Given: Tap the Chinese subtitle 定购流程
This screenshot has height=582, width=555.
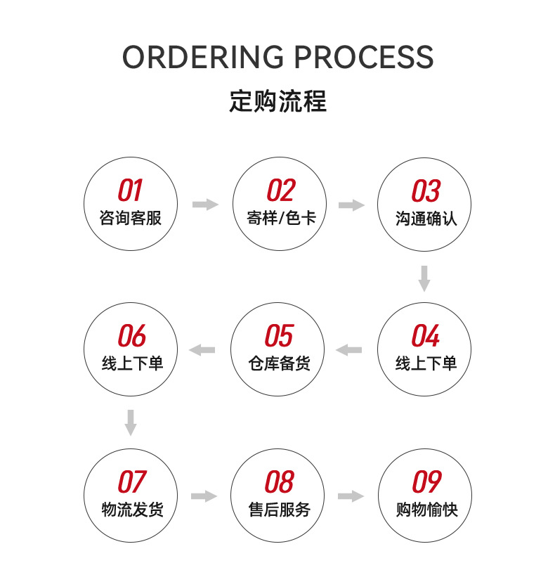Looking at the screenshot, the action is coord(277,102).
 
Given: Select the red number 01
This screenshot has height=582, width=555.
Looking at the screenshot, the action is coord(130,190).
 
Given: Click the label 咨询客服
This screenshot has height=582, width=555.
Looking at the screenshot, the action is coord(131,218).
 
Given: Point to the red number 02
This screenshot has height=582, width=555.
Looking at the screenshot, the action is coord(280,190).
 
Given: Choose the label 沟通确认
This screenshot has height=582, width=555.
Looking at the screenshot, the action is coord(426,218).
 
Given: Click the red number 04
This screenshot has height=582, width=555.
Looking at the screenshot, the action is coord(425,336).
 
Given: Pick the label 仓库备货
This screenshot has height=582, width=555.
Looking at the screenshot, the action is coord(279,363).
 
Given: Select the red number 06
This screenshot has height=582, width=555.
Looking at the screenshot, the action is coord(131,336).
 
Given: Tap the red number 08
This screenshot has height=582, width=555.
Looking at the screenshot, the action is coord(279,482).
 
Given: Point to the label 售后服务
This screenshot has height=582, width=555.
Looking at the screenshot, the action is coord(279,510).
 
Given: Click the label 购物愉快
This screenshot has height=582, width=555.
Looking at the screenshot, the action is coord(426,510).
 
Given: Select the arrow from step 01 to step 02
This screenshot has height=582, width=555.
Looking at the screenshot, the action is coord(205,205).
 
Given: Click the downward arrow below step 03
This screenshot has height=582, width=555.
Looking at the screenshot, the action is coord(424,278).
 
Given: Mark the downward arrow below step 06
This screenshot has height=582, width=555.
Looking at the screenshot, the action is coord(131,422).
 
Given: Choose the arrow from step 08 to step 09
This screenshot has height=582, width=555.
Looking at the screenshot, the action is coord(351,496).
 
